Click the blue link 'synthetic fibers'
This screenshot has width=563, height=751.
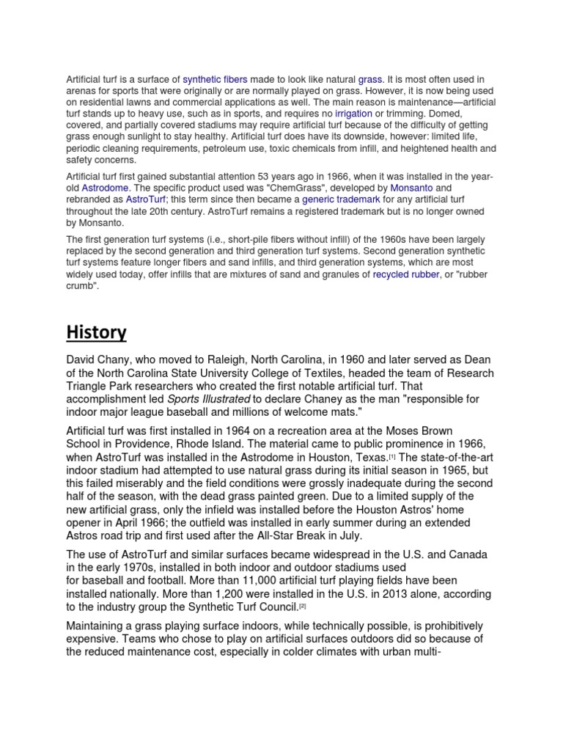tap(215, 78)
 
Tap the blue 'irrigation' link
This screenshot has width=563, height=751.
tap(354, 114)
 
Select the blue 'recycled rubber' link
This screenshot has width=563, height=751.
tap(406, 274)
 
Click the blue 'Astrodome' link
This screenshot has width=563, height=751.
tap(105, 188)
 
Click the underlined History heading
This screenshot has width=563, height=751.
tap(96, 332)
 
